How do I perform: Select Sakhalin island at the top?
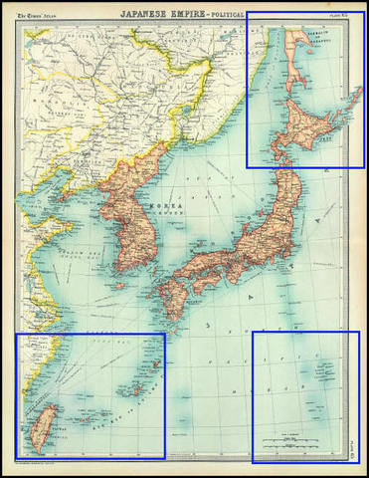tap(298, 55)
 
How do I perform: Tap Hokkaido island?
tap(307, 125)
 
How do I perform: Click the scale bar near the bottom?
tap(299, 441)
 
